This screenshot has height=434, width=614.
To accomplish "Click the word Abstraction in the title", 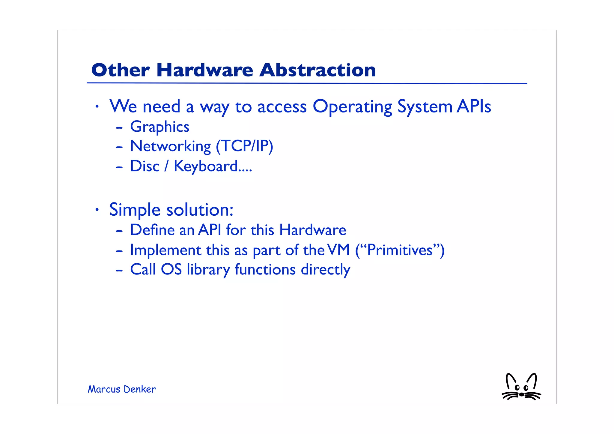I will (x=317, y=70).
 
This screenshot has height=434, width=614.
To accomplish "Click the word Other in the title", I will (x=120, y=70).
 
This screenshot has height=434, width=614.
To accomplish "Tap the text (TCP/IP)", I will (x=244, y=146).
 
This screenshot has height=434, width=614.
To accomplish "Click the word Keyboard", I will (x=206, y=166).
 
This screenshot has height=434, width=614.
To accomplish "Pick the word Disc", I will (x=145, y=166).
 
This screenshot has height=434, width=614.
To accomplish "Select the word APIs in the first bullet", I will (x=474, y=106).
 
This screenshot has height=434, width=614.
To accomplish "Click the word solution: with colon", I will (x=199, y=210).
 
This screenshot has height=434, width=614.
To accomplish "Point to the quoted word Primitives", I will (x=400, y=250).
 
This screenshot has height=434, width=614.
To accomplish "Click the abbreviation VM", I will (x=338, y=250).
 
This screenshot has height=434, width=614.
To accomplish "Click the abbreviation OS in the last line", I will (x=171, y=269).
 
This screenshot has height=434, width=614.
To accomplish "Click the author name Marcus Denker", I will (x=121, y=389).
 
